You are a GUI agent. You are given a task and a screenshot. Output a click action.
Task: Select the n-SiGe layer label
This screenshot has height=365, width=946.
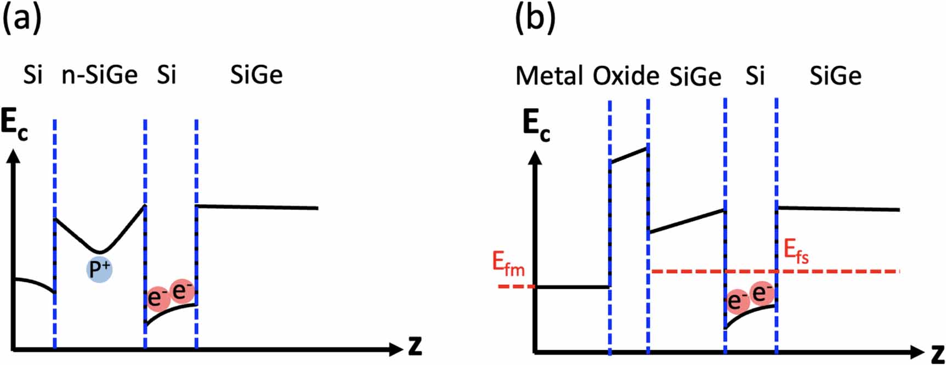tap(99, 75)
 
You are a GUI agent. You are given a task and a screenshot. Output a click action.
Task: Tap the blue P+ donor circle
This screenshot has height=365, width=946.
tap(100, 269)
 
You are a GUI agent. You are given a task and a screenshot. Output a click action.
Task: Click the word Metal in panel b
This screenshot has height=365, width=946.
tap(549, 76)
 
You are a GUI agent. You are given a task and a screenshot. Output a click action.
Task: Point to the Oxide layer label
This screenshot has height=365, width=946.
tap(626, 75)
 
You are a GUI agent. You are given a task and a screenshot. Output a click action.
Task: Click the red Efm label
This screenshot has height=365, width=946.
tap(508, 265)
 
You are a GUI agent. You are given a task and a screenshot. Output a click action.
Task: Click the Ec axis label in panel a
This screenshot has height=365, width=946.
tap(14, 127)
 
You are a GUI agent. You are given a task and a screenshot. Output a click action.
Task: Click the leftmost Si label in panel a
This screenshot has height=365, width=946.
tap(33, 75)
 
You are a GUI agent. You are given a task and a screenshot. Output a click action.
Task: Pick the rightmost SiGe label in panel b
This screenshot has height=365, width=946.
tap(835, 76)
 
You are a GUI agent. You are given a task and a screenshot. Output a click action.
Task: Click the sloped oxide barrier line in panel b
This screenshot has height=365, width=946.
tap(629, 154)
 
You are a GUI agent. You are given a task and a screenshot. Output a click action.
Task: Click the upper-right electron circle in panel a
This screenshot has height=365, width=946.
tap(182, 292)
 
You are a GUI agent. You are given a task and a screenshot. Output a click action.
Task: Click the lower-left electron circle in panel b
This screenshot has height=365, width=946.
tap(738, 301)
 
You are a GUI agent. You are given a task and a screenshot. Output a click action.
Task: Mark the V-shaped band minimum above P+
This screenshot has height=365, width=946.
tap(99, 251)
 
